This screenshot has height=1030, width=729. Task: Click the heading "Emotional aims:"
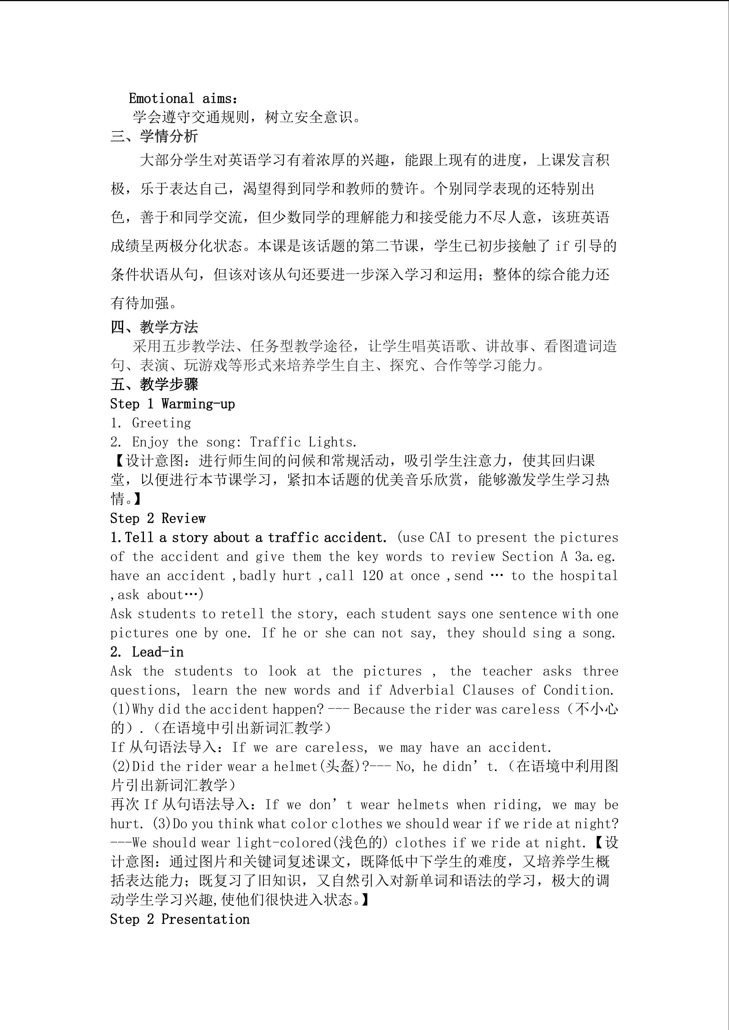tap(183, 98)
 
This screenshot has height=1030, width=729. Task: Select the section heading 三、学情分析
tap(154, 136)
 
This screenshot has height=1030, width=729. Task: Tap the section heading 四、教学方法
tap(154, 327)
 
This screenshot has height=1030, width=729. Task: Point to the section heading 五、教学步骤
tap(154, 385)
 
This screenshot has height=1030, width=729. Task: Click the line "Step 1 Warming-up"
tap(173, 404)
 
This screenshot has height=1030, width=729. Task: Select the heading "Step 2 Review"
tap(158, 519)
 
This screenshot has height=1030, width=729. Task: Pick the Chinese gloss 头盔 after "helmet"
tap(341, 767)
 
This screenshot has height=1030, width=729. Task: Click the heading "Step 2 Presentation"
tap(179, 919)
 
